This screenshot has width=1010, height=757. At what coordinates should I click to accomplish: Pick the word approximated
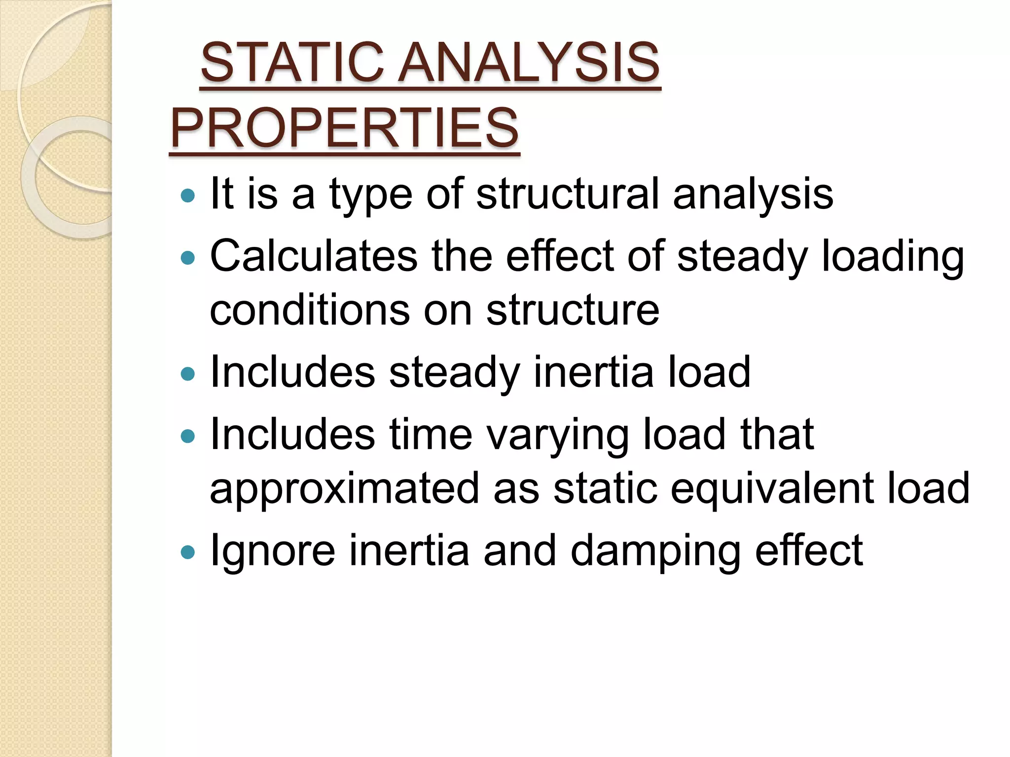point(344,489)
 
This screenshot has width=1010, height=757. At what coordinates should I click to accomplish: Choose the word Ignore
point(273,551)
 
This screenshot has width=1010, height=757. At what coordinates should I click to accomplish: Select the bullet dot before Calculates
point(188,258)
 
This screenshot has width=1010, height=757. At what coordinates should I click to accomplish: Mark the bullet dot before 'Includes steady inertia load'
point(188,374)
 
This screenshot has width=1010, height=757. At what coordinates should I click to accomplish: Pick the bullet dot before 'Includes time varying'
point(188,436)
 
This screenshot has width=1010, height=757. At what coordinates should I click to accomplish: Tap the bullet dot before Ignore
point(188,552)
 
